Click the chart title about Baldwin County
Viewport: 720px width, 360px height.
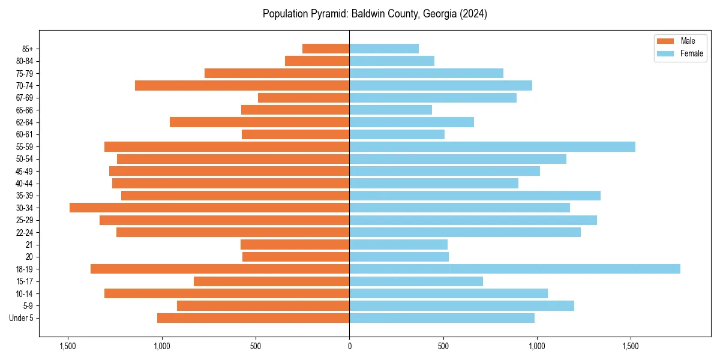374,14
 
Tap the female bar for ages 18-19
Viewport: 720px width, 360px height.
515,269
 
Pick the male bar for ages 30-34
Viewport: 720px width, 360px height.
209,208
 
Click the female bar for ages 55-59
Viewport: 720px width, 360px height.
492,146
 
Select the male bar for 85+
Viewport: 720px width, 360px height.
326,49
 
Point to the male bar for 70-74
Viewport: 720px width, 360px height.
242,85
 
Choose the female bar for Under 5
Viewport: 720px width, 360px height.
442,318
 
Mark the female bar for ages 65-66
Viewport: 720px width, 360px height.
391,110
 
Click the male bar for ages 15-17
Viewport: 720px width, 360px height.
271,281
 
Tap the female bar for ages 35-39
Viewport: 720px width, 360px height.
475,196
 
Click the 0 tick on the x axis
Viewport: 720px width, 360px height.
349,346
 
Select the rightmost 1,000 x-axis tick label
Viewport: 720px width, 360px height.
536,346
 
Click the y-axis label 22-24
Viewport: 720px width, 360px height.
23,233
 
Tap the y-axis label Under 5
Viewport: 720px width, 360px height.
22,318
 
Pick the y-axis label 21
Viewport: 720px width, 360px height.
29,245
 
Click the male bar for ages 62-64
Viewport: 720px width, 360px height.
259,122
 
